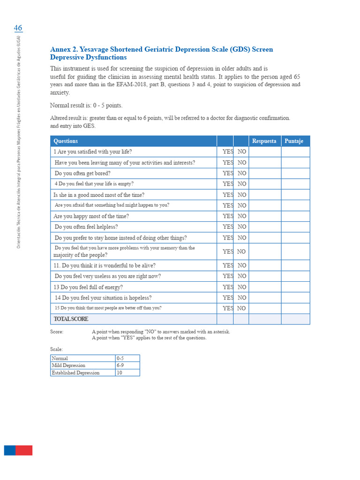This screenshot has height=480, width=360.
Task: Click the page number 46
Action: [18, 28]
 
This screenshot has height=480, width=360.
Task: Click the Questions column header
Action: [66, 141]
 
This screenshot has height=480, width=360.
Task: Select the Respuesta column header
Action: [264, 141]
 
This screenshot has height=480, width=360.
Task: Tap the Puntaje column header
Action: [294, 141]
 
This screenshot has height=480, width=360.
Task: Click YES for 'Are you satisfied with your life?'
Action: [228, 152]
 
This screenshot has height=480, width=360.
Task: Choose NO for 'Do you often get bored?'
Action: [242, 173]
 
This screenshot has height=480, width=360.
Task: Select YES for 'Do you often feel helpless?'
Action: [228, 227]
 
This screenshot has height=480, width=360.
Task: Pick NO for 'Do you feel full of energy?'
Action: [242, 287]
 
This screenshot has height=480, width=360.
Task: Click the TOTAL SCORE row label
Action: [71, 319]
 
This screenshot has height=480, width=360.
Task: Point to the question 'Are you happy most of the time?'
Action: [91, 217]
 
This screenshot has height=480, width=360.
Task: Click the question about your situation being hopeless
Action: [103, 298]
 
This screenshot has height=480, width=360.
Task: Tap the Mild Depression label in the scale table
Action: [68, 366]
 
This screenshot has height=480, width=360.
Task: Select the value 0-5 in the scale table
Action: [120, 359]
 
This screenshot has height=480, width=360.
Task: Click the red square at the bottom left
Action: [24, 450]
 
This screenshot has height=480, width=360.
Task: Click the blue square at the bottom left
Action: [10, 450]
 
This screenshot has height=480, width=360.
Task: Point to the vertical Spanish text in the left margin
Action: [19, 141]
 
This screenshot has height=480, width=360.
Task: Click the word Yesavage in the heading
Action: [99, 50]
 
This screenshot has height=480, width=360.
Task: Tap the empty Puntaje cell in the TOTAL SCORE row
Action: [295, 319]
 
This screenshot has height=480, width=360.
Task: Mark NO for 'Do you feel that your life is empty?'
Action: [242, 184]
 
